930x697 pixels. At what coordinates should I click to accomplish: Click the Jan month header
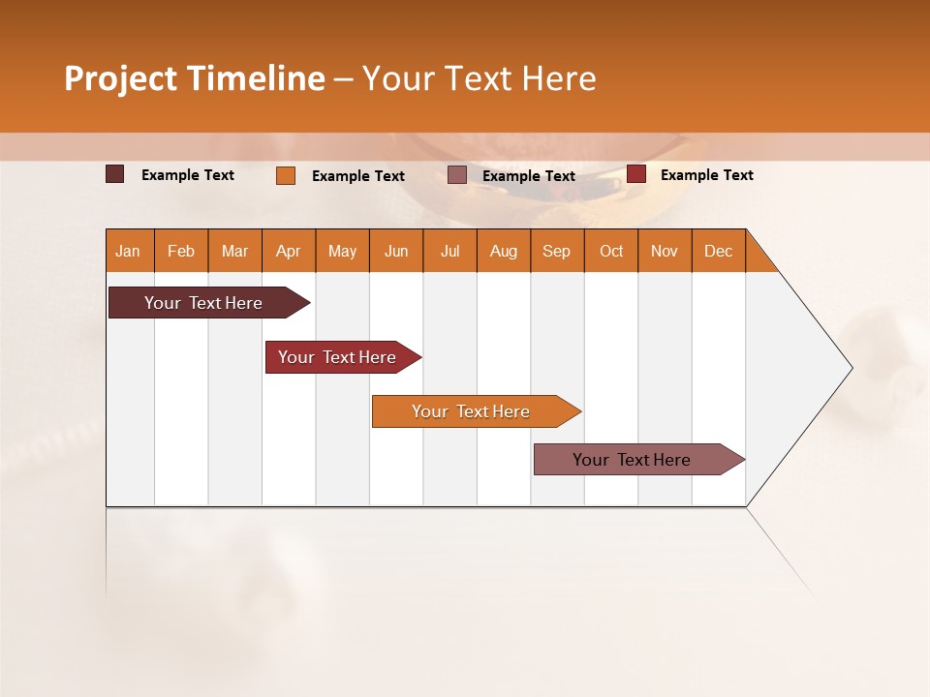(128, 251)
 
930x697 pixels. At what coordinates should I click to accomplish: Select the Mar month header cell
(234, 251)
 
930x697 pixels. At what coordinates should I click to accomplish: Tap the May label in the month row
(342, 251)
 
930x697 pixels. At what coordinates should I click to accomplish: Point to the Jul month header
(449, 251)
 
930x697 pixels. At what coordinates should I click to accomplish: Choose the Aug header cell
(503, 251)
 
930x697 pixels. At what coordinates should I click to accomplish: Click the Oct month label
(611, 251)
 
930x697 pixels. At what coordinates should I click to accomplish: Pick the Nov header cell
(665, 251)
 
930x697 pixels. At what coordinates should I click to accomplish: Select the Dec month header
(718, 251)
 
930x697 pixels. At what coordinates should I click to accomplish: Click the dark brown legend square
(115, 174)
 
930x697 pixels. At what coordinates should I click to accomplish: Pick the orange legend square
(286, 175)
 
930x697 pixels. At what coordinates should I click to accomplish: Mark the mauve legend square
(457, 175)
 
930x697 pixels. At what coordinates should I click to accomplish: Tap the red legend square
(636, 174)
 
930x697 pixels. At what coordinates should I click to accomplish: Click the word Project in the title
(121, 78)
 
